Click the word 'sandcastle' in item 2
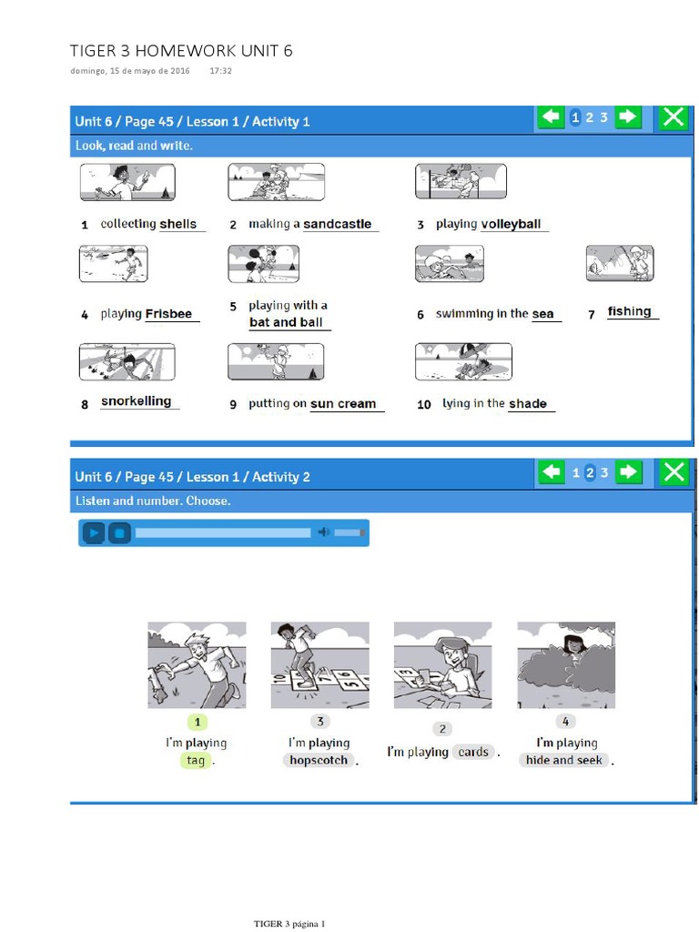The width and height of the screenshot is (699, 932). click(337, 224)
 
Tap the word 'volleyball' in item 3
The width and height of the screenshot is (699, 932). click(511, 224)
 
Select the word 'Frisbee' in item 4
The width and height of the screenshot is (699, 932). click(168, 314)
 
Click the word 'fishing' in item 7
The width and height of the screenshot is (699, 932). click(629, 311)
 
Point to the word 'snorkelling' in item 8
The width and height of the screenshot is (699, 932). click(137, 401)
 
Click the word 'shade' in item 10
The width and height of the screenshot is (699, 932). click(527, 403)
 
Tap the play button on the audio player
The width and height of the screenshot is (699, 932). click(94, 532)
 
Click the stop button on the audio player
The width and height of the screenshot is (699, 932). click(119, 532)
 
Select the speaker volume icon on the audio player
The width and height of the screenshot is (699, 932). click(323, 532)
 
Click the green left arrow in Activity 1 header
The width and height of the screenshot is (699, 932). click(551, 116)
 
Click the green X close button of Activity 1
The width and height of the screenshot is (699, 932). click(674, 117)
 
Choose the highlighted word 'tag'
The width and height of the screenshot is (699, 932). click(196, 760)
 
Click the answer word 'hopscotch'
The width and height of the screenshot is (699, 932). click(319, 760)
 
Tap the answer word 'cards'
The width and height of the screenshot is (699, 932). click(473, 752)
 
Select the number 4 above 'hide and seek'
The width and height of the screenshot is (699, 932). click(565, 721)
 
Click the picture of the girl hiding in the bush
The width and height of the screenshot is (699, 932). click(566, 665)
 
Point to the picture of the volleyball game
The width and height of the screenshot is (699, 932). click(461, 181)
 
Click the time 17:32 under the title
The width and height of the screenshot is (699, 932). click(220, 71)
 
